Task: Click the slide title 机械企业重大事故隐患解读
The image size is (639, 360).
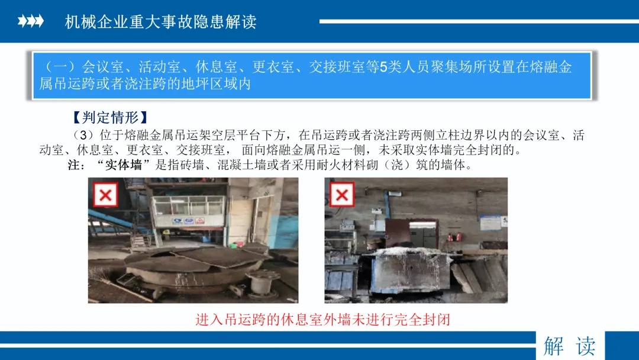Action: pos(160,21)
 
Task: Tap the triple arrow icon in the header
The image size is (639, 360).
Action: pos(31,21)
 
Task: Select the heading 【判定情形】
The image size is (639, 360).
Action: pos(109,117)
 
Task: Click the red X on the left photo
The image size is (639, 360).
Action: pos(105,195)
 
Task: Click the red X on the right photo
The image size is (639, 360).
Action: pos(342,194)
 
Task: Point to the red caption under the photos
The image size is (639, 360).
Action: pos(322,319)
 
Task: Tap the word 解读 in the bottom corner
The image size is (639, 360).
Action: pos(570,346)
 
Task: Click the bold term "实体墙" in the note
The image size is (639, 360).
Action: pos(124,165)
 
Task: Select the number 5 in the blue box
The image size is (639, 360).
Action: pos(383,67)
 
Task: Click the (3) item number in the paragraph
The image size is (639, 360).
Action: pos(83,136)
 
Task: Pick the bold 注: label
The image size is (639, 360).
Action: pos(76,165)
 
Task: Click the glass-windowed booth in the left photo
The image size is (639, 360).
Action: pos(188,211)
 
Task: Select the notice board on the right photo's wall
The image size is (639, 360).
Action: pos(490,223)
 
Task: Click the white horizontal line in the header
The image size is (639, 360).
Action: pos(479,21)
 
